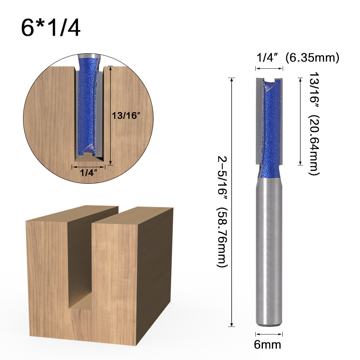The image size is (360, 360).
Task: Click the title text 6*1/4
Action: [x=51, y=28]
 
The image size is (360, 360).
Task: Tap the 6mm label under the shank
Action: [x=267, y=345]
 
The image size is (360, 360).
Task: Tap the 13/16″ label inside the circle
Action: [x=126, y=116]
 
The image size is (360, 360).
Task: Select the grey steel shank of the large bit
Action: [x=269, y=252]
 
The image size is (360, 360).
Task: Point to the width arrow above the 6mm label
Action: [x=268, y=333]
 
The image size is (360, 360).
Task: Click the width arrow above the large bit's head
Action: [x=269, y=68]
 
